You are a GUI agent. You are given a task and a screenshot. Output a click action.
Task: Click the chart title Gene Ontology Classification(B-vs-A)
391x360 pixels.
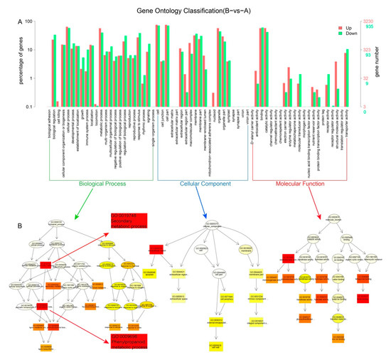(x=195, y=11)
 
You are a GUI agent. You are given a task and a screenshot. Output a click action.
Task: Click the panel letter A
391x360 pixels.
(x=19, y=21)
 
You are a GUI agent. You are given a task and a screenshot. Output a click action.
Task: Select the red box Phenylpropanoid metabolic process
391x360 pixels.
(x=135, y=340)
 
